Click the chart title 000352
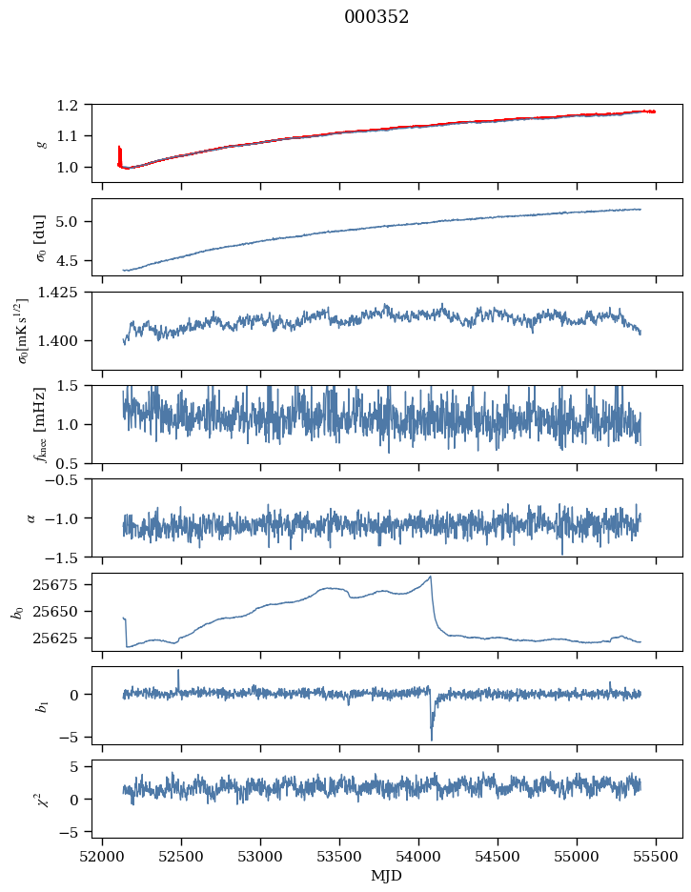tap(376, 17)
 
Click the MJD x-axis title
tap(386, 876)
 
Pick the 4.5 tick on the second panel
tap(74, 260)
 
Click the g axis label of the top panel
tap(39, 143)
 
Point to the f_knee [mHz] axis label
tap(39, 424)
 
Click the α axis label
tap(31, 517)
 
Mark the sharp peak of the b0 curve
tap(432, 577)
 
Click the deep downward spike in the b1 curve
tap(432, 740)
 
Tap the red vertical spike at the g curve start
tap(119, 152)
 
